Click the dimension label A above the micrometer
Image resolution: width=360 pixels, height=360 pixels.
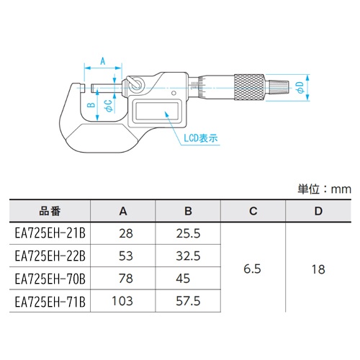click(102, 60)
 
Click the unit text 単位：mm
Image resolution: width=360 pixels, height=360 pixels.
click(323, 189)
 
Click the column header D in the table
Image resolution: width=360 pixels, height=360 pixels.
click(318, 212)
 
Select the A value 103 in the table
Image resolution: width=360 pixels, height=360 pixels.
click(123, 300)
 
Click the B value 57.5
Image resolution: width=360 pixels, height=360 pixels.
click(189, 300)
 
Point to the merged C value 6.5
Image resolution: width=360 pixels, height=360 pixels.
click(253, 266)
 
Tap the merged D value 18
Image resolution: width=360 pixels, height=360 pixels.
click(318, 266)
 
